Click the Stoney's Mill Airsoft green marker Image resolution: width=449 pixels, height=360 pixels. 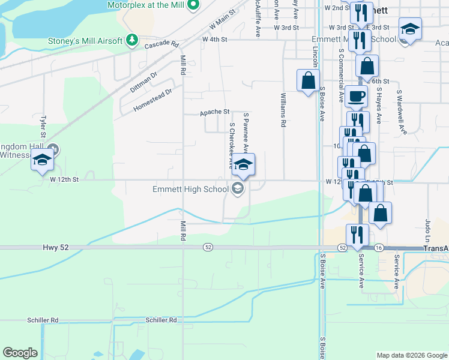tap(132, 41)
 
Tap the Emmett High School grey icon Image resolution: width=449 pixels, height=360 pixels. tap(237, 190)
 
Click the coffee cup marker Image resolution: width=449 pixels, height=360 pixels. tap(356, 96)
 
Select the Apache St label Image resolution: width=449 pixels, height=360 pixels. tap(215, 112)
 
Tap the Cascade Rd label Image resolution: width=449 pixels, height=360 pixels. tap(161, 44)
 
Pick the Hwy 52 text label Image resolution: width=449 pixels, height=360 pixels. tap(53, 247)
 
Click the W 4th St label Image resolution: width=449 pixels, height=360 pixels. tap(214, 39)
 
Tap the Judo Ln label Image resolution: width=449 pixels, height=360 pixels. tap(428, 230)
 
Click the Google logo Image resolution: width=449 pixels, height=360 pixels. tap(20, 353)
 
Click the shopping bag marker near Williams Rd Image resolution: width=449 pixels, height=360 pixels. tap(308, 80)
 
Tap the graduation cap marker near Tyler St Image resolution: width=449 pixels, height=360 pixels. tap(43, 160)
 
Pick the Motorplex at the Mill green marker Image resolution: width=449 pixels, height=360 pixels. tap(193, 5)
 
